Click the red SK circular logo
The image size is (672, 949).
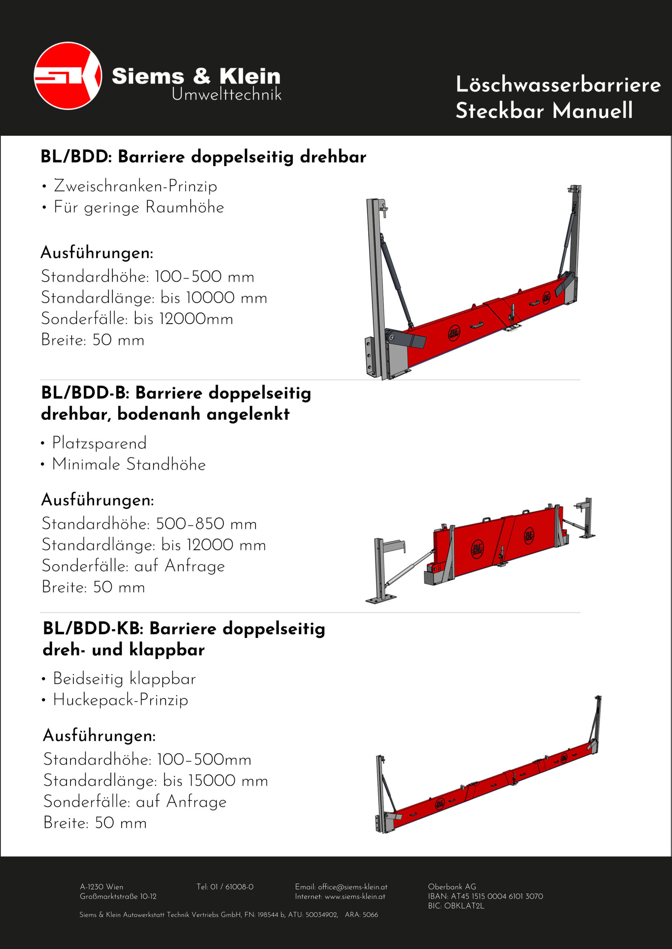(68, 76)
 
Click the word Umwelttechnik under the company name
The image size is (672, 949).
(226, 95)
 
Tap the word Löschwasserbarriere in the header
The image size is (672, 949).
(558, 85)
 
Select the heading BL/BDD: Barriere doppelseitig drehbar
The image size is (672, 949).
(203, 157)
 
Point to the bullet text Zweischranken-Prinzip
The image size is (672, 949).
(135, 186)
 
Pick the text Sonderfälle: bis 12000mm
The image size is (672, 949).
(137, 319)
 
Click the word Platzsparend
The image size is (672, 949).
(99, 443)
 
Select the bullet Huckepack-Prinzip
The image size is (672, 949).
(120, 700)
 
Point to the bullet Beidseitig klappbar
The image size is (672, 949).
(124, 679)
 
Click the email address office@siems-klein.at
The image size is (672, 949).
(352, 887)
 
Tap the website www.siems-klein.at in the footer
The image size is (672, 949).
(355, 896)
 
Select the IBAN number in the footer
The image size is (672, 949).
(497, 896)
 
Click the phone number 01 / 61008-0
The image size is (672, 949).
(232, 887)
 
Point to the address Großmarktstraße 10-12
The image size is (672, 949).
(118, 896)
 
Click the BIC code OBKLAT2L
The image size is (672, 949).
(464, 906)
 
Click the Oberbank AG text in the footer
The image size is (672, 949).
(452, 887)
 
